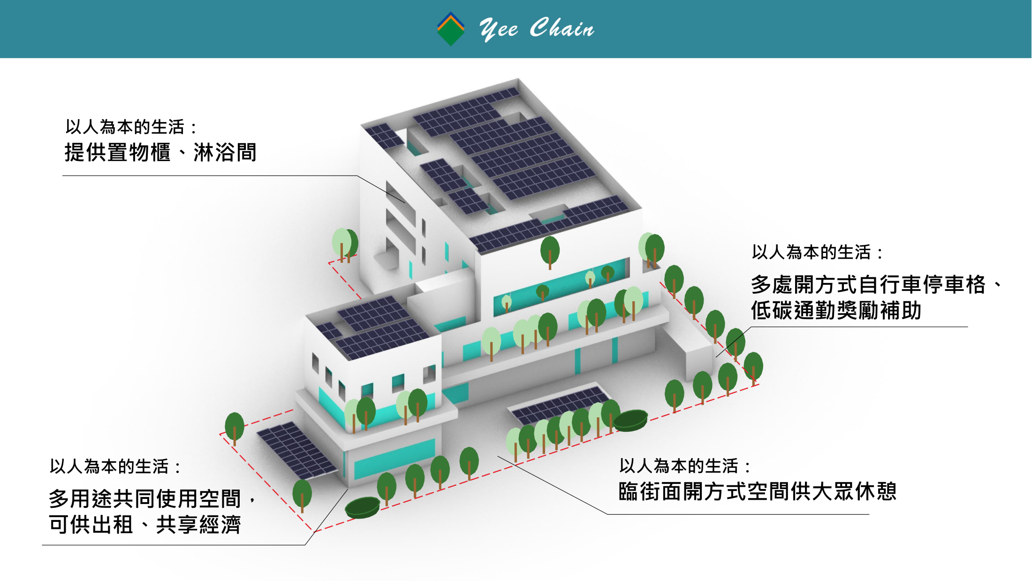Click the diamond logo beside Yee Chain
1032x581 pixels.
(x=450, y=29)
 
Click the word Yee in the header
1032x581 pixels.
(x=498, y=29)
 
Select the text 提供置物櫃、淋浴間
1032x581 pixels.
(x=160, y=153)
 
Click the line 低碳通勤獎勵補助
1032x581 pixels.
(x=836, y=311)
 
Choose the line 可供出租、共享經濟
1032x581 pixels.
(x=144, y=525)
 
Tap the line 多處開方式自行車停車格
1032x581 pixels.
(x=868, y=284)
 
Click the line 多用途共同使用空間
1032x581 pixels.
(x=144, y=498)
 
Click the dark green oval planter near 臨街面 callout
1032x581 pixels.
(x=630, y=419)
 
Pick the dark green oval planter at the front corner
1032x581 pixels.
(x=362, y=507)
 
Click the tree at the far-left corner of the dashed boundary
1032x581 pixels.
(x=235, y=427)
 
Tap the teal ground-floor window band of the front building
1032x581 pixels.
(x=394, y=460)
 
